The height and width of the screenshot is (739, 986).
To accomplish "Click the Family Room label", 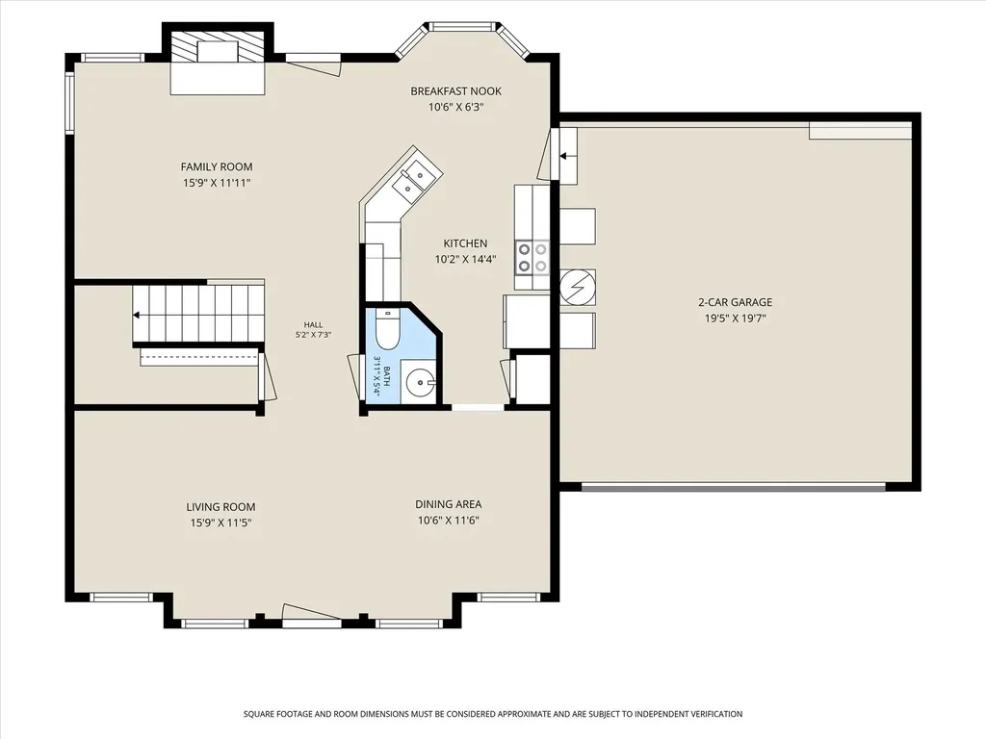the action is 217,166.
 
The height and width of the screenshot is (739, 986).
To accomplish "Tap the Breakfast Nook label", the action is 455,91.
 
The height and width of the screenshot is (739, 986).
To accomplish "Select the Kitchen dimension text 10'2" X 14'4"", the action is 465,259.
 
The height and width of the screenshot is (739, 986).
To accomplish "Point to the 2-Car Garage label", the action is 735,302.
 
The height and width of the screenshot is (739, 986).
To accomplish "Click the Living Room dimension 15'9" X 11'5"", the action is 221,522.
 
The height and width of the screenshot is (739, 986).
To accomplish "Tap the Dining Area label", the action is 449,504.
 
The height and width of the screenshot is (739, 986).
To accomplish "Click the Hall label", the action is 313,325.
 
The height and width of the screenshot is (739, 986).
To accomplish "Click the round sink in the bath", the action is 418,381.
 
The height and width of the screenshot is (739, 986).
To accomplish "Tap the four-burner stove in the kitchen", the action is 532,258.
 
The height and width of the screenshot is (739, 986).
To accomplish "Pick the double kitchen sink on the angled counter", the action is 412,178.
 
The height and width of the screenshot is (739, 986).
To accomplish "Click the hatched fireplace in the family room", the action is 218,46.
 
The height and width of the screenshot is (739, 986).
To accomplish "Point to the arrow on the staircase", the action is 137,316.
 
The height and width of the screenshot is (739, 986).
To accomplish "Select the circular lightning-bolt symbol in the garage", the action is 578,287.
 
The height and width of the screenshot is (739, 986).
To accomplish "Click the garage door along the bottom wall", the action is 734,487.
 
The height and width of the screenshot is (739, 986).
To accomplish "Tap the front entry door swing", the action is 311,616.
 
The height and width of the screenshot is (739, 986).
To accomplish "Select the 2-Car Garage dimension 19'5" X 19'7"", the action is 735,319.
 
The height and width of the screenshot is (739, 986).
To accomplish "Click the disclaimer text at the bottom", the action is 493,714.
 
